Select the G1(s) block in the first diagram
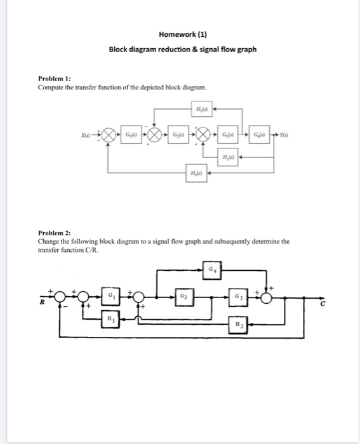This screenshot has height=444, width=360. point(131,135)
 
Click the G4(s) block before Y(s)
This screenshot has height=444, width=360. point(260,135)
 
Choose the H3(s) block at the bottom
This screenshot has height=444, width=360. point(195,172)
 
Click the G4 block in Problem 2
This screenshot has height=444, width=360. point(214,269)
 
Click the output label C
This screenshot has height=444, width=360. point(322,304)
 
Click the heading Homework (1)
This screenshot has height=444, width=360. point(183,34)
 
